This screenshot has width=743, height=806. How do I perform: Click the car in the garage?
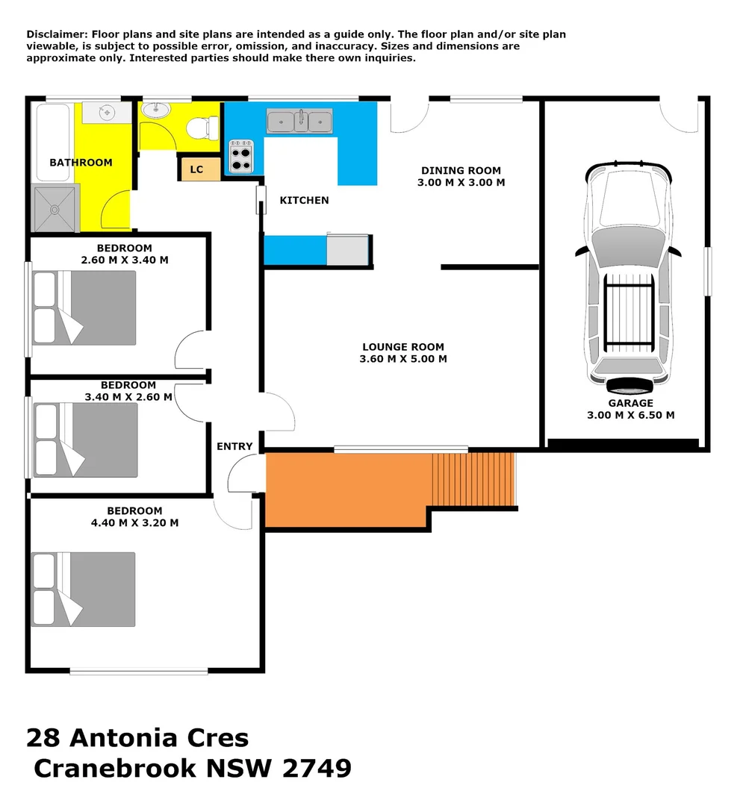click(x=628, y=276)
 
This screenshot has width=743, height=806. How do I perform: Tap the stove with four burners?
click(x=240, y=156)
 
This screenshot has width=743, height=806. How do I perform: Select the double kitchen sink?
click(x=299, y=120)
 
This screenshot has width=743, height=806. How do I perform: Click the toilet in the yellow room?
click(x=197, y=128)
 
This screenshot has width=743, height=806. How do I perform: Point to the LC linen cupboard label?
click(x=196, y=169)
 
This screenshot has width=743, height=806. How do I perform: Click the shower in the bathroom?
click(x=55, y=209)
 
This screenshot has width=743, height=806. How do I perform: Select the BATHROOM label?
click(x=81, y=163)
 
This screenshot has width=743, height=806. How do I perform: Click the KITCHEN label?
click(x=304, y=200)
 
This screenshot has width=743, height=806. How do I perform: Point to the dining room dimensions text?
click(x=461, y=182)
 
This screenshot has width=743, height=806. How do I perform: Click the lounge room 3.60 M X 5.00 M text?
click(x=403, y=359)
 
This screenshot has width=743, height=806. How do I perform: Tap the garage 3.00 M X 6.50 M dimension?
click(x=630, y=415)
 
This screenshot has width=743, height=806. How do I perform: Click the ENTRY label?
click(x=234, y=446)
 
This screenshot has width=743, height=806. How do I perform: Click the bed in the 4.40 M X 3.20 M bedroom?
click(x=84, y=589)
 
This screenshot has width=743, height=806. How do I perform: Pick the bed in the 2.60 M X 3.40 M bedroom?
click(x=84, y=307)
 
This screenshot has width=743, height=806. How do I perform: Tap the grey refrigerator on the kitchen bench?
click(x=347, y=250)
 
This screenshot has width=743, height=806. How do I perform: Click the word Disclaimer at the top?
click(x=56, y=34)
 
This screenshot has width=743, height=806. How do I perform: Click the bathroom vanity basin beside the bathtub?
click(x=106, y=113)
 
